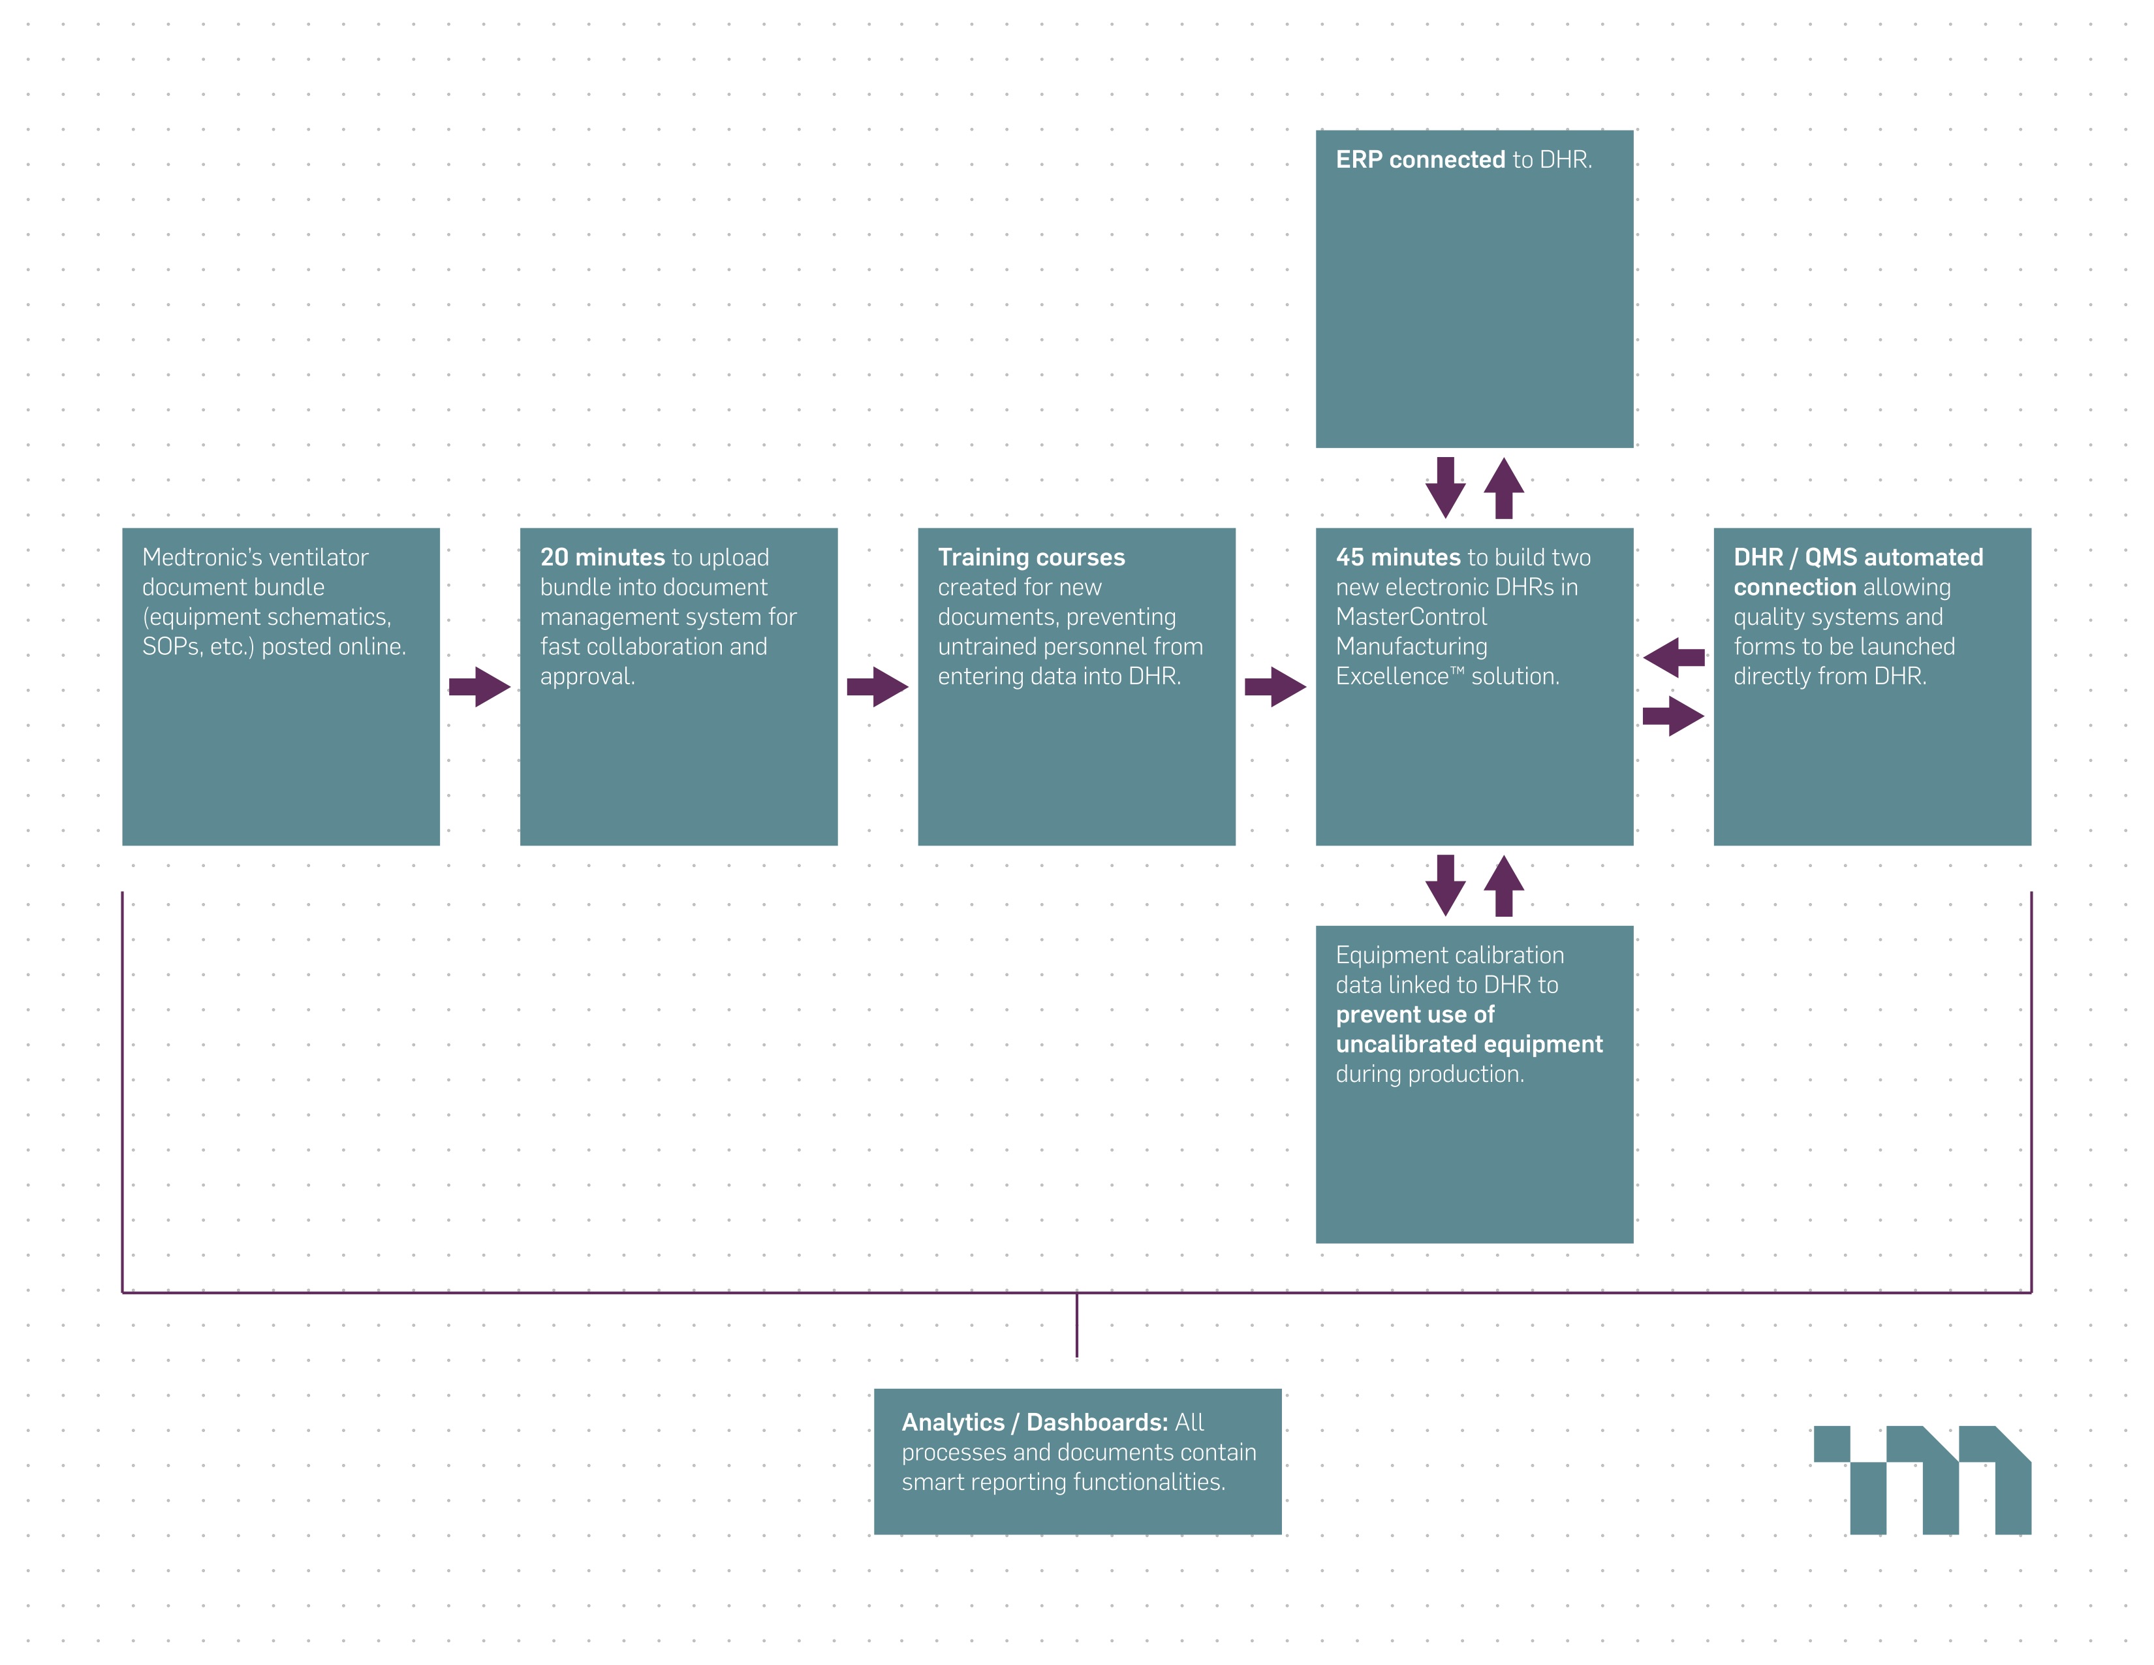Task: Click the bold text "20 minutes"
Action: [602, 558]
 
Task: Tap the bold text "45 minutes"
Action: [1397, 558]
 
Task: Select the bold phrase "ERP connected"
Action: [1420, 160]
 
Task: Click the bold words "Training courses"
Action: [1031, 558]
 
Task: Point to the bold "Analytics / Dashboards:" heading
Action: [1035, 1422]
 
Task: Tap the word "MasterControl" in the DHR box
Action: [1411, 616]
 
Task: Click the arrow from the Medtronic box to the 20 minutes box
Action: [479, 686]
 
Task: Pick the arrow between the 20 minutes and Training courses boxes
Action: [877, 686]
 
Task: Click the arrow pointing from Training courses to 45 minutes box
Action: [1275, 686]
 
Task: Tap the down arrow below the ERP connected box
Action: [1446, 487]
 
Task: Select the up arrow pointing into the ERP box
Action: [1504, 487]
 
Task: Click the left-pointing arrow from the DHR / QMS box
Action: [1674, 657]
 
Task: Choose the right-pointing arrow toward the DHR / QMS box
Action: [1674, 716]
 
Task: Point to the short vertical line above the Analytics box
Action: [1077, 1325]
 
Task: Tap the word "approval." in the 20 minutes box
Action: [588, 676]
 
